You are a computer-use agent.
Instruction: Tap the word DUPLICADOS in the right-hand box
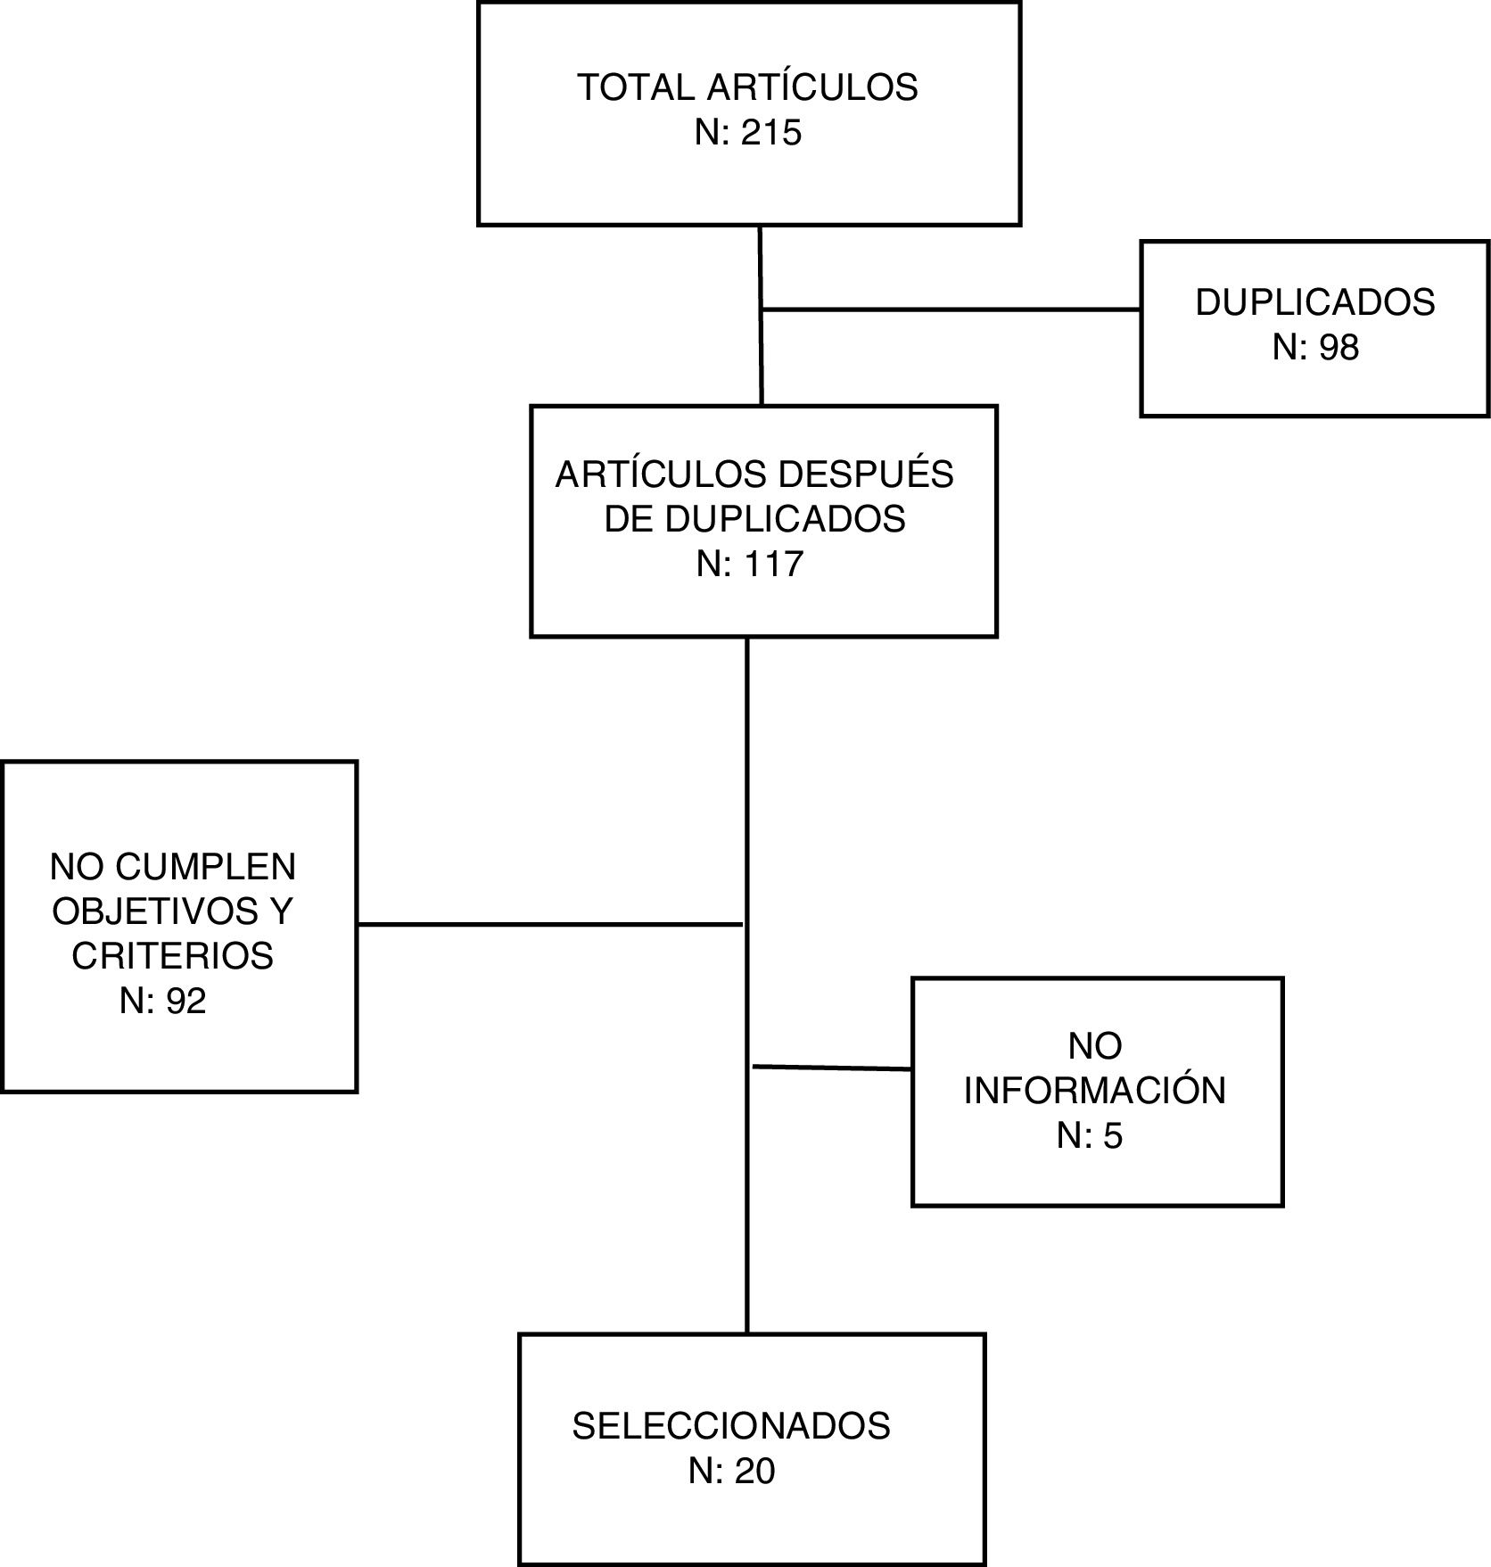[1314, 302]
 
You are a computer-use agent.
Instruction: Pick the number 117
[769, 564]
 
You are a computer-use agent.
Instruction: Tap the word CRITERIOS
[172, 955]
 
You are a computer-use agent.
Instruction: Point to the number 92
[186, 1001]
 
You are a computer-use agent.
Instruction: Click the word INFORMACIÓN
[1094, 1091]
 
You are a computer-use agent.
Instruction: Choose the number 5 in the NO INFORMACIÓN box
[1112, 1135]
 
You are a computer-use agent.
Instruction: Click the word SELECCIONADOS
[730, 1426]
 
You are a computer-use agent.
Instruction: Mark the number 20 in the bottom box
[754, 1471]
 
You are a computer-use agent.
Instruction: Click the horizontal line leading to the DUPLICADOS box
[951, 309]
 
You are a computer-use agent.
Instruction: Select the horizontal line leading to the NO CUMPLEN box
[549, 925]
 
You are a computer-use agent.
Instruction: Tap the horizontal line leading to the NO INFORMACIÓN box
[831, 1068]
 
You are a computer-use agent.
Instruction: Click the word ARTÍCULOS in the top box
[812, 87]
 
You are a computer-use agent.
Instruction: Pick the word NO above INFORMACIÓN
[1094, 1045]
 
